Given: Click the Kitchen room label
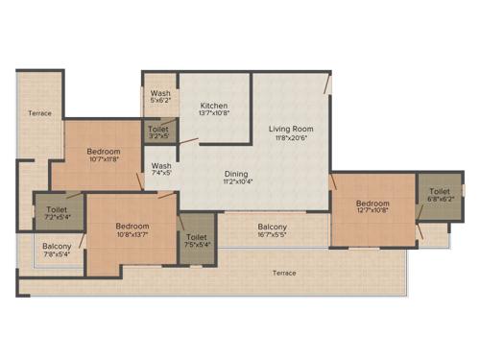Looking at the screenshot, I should (x=213, y=105).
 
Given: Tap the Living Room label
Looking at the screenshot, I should (x=290, y=129).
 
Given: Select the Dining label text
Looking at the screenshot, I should (x=236, y=173).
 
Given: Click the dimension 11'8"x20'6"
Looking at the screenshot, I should (x=290, y=138).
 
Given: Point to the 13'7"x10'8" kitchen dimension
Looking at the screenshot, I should (x=213, y=114).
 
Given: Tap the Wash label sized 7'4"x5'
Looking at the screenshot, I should (x=161, y=166).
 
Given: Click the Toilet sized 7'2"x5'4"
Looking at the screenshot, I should (x=56, y=208).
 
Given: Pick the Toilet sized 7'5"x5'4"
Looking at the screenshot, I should (x=196, y=236).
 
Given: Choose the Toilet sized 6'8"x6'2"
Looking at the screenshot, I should (x=440, y=191).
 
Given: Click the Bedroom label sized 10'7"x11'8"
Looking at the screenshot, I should (x=103, y=153).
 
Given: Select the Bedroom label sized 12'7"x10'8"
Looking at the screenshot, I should (x=372, y=204).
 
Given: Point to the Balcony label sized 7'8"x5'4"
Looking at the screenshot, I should (x=57, y=247).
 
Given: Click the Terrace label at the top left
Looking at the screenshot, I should (x=39, y=113).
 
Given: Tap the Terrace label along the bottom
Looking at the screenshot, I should (x=284, y=274).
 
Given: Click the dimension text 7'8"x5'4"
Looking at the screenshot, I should (x=57, y=255).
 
